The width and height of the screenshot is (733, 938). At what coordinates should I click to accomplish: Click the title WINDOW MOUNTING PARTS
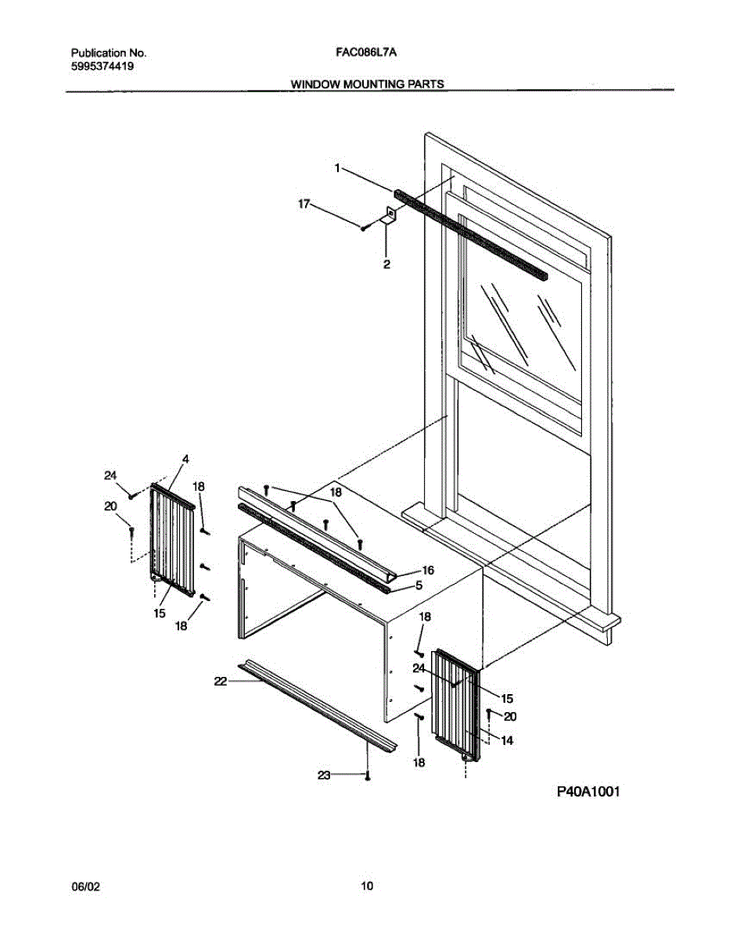point(368,84)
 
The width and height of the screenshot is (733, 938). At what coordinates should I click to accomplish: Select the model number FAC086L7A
point(368,53)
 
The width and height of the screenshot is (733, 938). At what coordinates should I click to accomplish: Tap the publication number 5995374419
point(102,66)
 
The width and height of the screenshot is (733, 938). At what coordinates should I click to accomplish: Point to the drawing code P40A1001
point(588,792)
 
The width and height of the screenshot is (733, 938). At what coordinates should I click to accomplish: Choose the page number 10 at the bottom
point(367,886)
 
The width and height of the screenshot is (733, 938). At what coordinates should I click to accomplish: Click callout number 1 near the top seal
point(338,167)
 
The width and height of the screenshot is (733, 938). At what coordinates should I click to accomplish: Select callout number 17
point(304,204)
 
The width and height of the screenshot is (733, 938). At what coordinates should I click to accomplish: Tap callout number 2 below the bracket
point(386,265)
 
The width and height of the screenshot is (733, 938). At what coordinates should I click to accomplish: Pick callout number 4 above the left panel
point(186,459)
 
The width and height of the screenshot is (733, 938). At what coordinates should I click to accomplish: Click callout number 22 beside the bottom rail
point(221,682)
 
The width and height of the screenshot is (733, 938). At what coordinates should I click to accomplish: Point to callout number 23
point(323,775)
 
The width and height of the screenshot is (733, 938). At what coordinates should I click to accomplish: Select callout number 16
point(428,571)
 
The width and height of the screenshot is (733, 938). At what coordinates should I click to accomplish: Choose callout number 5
point(419,585)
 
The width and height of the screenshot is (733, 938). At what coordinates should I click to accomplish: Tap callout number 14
point(507,741)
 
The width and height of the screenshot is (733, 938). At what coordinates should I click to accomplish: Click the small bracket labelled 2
point(388,217)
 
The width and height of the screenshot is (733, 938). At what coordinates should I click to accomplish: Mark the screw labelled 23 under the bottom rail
point(367,775)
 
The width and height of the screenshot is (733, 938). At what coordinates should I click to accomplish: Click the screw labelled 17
point(364,227)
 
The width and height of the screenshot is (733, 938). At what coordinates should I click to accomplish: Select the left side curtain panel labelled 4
point(172,539)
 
